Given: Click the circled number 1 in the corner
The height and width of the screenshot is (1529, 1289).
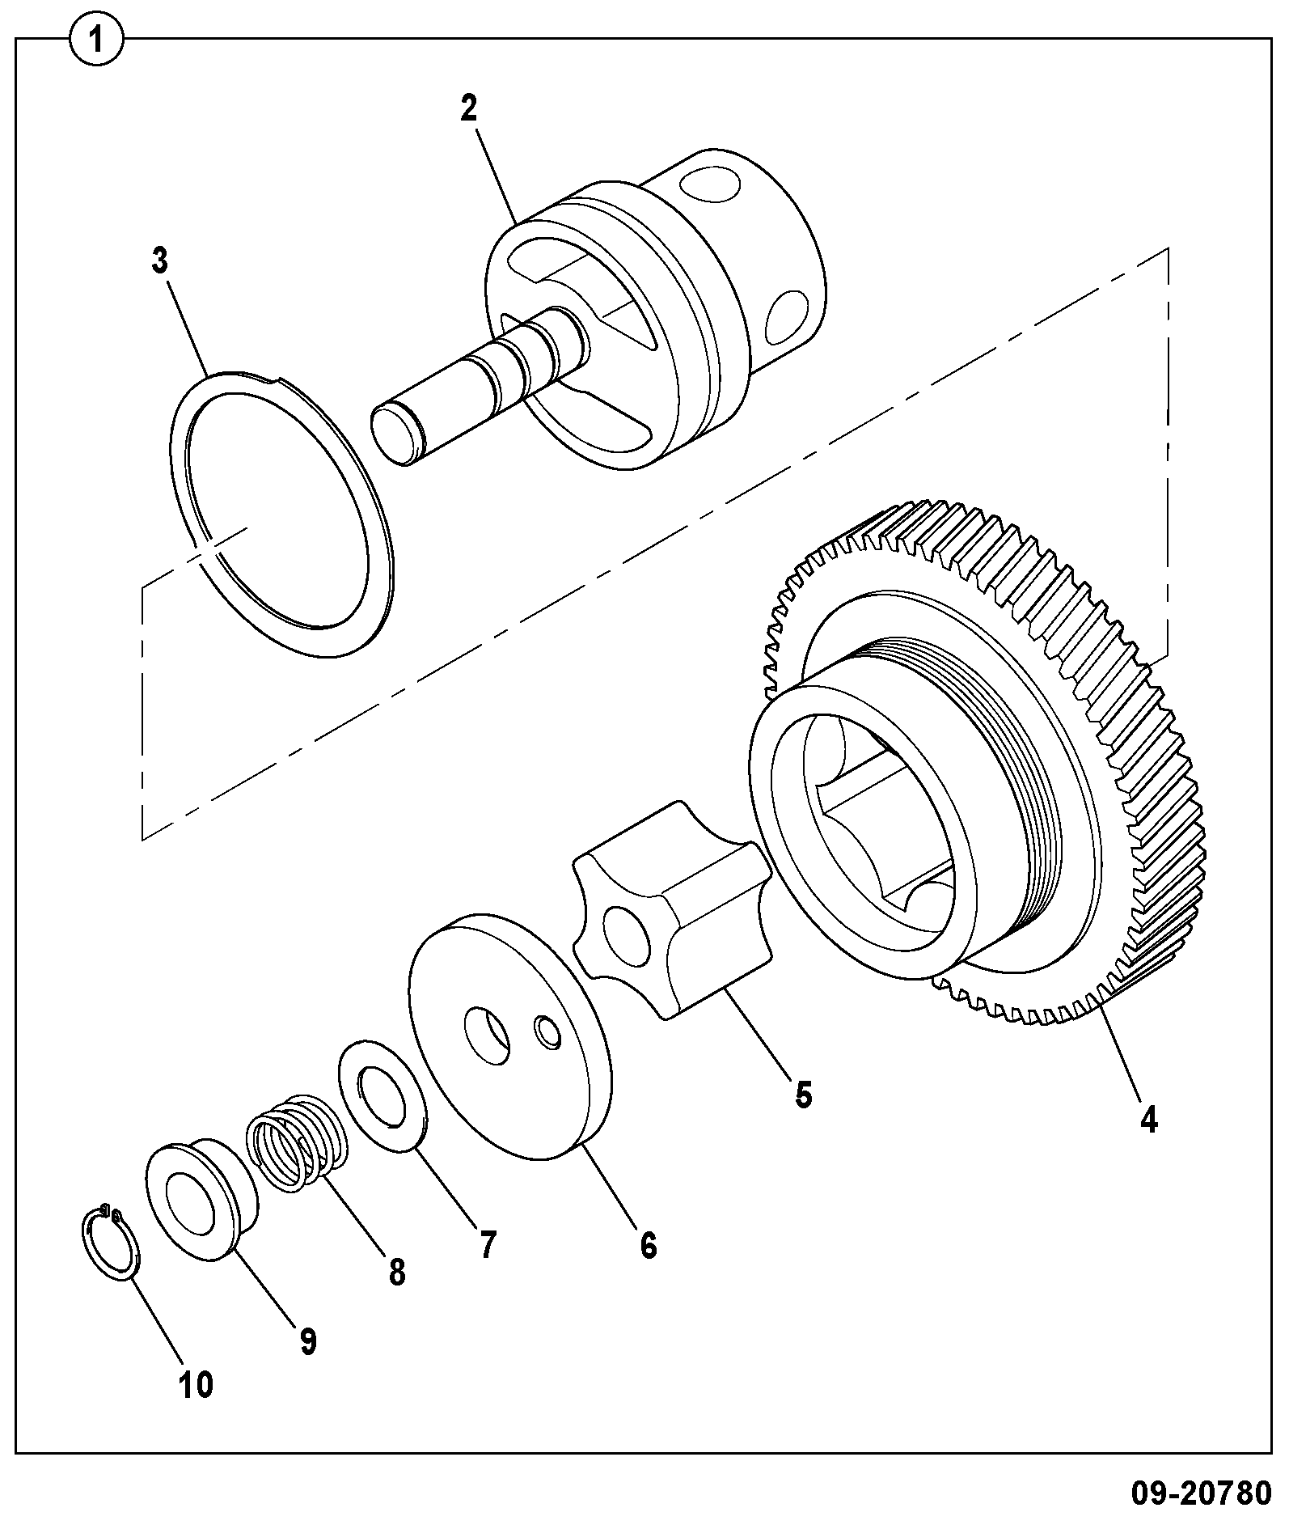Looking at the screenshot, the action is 97,40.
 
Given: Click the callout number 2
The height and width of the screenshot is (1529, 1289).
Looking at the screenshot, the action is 469,108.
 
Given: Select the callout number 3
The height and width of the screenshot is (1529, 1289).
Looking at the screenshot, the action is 159,261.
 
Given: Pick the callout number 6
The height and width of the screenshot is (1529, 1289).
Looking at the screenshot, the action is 649,1245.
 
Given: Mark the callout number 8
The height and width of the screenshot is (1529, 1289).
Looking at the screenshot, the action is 396,1273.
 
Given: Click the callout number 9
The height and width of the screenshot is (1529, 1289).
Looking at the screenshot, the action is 307,1341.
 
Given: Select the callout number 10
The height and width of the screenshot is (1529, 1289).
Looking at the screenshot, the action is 196,1385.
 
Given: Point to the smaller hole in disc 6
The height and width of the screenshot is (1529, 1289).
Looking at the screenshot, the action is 547,1034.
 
